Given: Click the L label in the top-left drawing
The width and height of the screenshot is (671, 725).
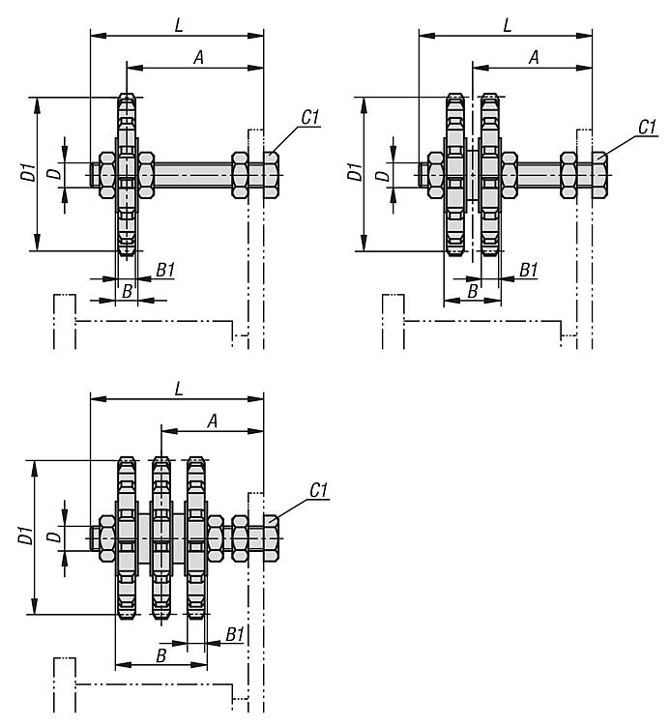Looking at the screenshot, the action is [180, 25].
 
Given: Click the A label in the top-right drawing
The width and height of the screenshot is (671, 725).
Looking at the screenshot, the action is [534, 57].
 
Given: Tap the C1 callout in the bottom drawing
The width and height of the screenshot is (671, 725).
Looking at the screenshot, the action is [319, 490].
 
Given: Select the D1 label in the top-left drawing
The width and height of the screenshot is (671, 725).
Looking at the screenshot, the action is [29, 172].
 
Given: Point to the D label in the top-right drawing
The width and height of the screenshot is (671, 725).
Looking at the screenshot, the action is [382, 175].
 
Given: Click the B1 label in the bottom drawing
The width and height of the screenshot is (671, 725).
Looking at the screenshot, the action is [235, 634].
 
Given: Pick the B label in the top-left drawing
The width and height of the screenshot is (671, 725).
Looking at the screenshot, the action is [127, 291].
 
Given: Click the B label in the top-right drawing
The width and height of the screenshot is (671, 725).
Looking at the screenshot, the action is [472, 291].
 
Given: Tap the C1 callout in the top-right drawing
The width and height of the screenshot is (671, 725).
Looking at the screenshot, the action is [648, 127].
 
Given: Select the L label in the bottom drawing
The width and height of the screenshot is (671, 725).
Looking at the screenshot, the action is [180, 389].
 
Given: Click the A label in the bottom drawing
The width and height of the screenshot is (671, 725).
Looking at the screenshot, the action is [213, 421].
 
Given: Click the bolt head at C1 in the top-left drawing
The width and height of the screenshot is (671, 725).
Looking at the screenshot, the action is [272, 175].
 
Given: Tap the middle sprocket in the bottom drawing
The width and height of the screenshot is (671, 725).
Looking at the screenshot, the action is [160, 537].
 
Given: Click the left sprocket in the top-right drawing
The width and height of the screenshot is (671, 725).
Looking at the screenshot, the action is [455, 175].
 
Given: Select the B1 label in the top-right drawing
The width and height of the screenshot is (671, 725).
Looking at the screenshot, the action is [529, 270].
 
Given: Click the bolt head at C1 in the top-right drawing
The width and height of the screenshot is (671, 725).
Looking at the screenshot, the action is [599, 175].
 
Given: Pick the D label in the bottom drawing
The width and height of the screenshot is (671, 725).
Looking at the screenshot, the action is [54, 536].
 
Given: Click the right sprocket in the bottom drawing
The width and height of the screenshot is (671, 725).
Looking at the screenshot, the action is [196, 537].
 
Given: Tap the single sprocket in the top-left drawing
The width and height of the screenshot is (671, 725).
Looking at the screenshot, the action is [127, 175].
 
